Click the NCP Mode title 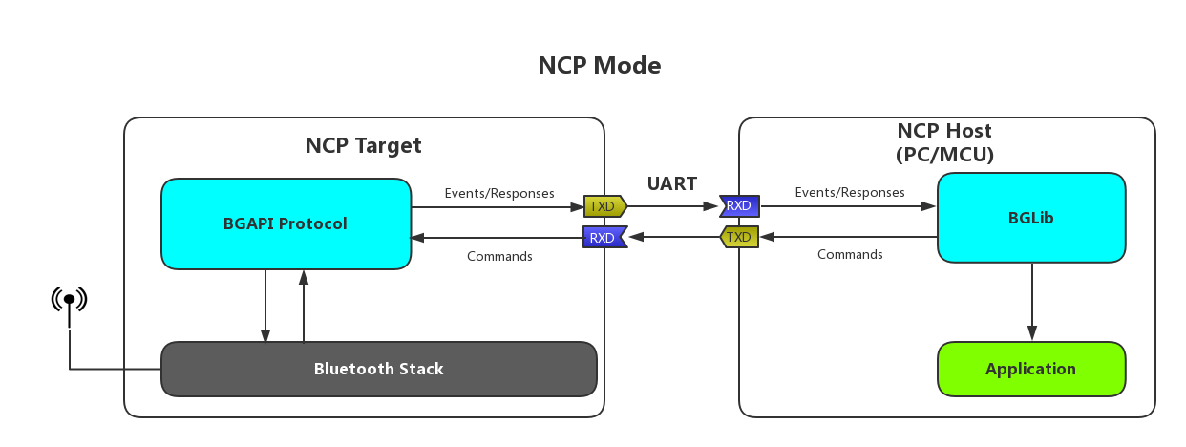coord(599,65)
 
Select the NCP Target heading coord(363,145)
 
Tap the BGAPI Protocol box coord(286,223)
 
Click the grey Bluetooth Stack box coord(378,369)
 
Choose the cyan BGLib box coord(1030,218)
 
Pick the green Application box coord(1030,369)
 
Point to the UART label coord(672,183)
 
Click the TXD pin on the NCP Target coord(604,205)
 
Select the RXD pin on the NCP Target coord(604,237)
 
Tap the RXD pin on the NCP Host coord(740,205)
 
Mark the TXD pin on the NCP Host coord(739,237)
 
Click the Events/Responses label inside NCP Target coord(499,193)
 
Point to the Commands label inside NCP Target coord(499,256)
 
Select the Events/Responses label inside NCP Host coord(850,192)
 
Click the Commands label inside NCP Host coord(850,254)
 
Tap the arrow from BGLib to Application coord(1031,301)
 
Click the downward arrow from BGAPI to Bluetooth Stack coord(265,306)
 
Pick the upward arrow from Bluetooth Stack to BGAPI coord(304,306)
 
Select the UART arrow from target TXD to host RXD coord(672,205)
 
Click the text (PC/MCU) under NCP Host coord(944,154)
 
